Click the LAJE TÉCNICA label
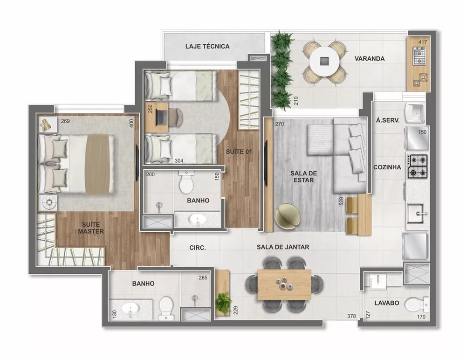click(207, 46)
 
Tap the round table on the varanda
click(325, 61)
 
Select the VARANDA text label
click(370, 59)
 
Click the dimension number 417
click(422, 42)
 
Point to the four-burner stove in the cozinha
click(418, 166)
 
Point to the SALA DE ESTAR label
click(304, 177)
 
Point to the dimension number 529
click(342, 202)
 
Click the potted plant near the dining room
click(223, 301)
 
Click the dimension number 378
click(351, 316)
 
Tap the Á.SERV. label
click(387, 120)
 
